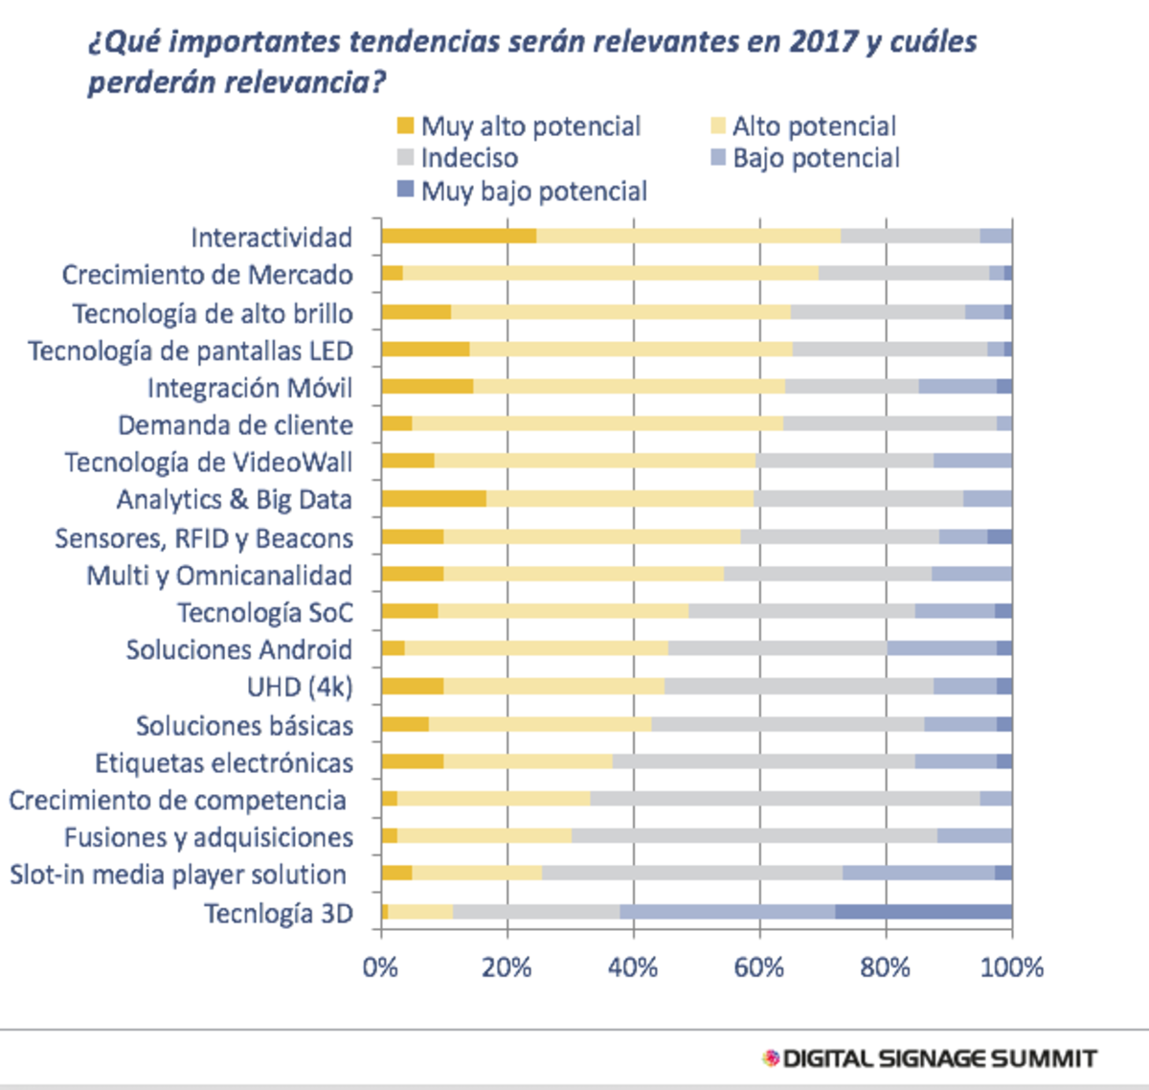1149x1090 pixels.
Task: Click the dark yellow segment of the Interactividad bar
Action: click(459, 237)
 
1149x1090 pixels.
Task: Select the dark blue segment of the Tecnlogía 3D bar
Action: click(923, 912)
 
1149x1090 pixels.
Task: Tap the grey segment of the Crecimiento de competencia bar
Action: click(784, 799)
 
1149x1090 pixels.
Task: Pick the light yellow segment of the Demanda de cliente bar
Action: click(597, 423)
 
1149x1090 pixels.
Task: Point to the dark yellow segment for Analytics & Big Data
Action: click(433, 499)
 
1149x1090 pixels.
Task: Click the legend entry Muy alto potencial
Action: click(519, 126)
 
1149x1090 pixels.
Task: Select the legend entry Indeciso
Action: click(458, 158)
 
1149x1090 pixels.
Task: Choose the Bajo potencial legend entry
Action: click(804, 158)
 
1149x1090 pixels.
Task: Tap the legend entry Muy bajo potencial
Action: click(523, 192)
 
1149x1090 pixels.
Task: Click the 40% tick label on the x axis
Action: click(633, 967)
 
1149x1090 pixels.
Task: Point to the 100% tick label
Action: click(1011, 967)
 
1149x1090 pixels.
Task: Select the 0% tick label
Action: click(380, 967)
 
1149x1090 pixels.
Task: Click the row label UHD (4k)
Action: click(300, 688)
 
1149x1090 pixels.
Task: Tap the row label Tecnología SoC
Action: click(265, 613)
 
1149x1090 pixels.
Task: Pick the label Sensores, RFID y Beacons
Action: click(204, 538)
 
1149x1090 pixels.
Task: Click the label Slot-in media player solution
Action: click(178, 874)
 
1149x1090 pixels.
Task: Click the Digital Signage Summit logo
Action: click(930, 1058)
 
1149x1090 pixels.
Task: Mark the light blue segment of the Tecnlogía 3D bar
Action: click(727, 912)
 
